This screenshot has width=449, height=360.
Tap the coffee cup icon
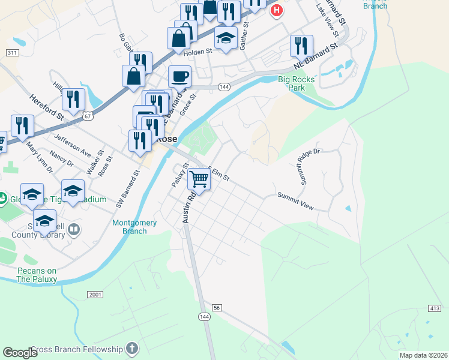(x=179, y=77)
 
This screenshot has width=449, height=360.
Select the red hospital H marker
(x=276, y=10)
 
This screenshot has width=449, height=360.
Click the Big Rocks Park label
(x=292, y=83)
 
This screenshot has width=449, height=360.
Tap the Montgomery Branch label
(x=134, y=227)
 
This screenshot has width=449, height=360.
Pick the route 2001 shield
(x=95, y=295)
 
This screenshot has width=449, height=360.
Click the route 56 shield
(x=217, y=307)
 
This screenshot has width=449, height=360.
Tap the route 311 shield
(x=11, y=53)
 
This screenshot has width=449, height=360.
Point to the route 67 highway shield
(x=88, y=115)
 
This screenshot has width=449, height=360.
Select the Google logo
(x=20, y=353)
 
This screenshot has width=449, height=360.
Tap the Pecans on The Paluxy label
(x=37, y=275)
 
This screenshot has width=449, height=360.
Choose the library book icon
(x=74, y=229)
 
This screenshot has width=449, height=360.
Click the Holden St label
(x=199, y=52)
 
